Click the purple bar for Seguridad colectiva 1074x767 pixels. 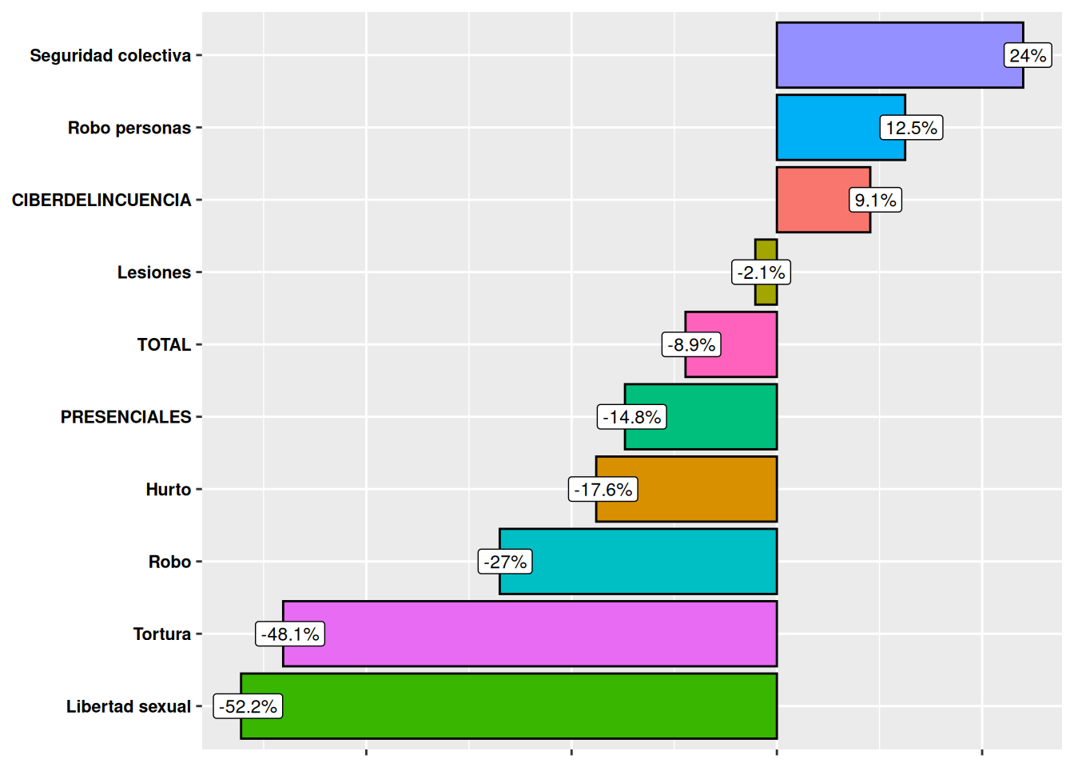click(887, 55)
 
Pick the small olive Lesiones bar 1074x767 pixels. click(766, 249)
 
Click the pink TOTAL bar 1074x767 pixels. click(747, 344)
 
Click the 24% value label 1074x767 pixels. click(1028, 55)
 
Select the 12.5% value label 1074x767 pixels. click(911, 128)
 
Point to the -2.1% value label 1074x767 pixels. click(762, 272)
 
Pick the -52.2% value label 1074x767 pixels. click(248, 706)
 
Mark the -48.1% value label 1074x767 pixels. click(290, 634)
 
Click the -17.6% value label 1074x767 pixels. click(603, 489)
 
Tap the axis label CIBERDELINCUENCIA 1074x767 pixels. click(101, 200)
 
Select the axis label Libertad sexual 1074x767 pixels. click(129, 706)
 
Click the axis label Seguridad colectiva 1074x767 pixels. click(110, 55)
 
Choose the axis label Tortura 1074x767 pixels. click(162, 634)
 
